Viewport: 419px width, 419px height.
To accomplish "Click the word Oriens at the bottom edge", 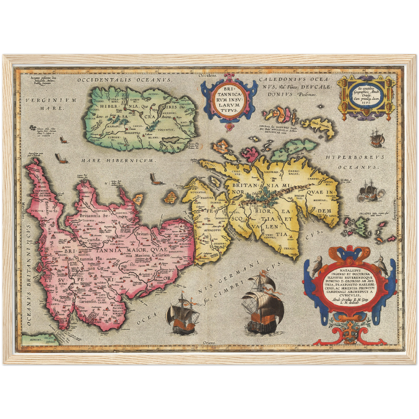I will [209, 343].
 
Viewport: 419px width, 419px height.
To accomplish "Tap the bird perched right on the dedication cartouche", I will [382, 264].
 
